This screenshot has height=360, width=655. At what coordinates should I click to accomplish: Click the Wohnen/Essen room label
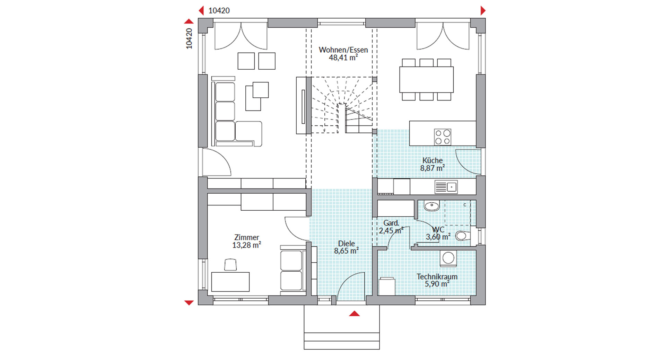tap(343, 50)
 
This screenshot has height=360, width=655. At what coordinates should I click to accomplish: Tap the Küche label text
tap(432, 160)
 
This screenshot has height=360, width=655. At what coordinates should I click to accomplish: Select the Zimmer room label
tap(246, 237)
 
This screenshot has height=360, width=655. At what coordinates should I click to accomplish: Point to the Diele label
tap(346, 244)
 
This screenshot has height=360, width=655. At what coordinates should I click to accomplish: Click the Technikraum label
tap(437, 276)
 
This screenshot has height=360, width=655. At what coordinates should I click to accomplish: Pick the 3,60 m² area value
tap(438, 237)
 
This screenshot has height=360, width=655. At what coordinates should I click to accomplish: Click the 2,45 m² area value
tap(391, 230)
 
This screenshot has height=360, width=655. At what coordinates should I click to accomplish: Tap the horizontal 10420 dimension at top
tap(219, 11)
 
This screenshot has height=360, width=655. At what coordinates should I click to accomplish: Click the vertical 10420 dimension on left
tap(189, 38)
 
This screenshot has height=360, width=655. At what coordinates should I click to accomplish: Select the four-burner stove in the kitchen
tap(443, 137)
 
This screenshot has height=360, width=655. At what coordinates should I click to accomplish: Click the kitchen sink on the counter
tap(446, 187)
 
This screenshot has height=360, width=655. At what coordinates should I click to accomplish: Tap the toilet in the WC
tap(463, 236)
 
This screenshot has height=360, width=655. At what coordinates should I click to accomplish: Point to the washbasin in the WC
tap(431, 206)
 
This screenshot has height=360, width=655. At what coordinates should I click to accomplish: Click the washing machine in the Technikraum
tap(448, 258)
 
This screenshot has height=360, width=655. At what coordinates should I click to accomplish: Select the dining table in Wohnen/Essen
tap(426, 79)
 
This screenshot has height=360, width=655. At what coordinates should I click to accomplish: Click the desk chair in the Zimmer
tap(230, 265)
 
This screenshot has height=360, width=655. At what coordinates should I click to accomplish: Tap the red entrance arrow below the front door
tap(354, 314)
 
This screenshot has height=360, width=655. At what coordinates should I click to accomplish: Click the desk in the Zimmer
tap(230, 282)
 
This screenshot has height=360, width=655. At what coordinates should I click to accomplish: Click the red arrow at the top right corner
tap(483, 11)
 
